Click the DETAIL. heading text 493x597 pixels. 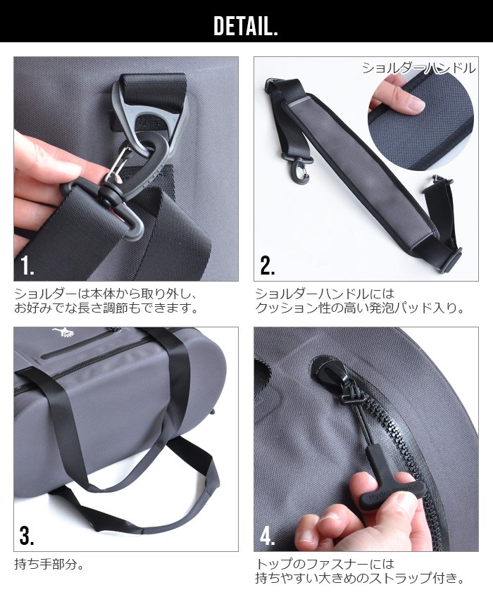246,26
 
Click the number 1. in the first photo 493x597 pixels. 27,265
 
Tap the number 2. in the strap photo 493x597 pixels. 268,265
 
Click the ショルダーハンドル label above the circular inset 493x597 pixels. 419,68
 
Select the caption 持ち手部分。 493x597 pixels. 49,564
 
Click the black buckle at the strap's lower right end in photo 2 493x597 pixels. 452,260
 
